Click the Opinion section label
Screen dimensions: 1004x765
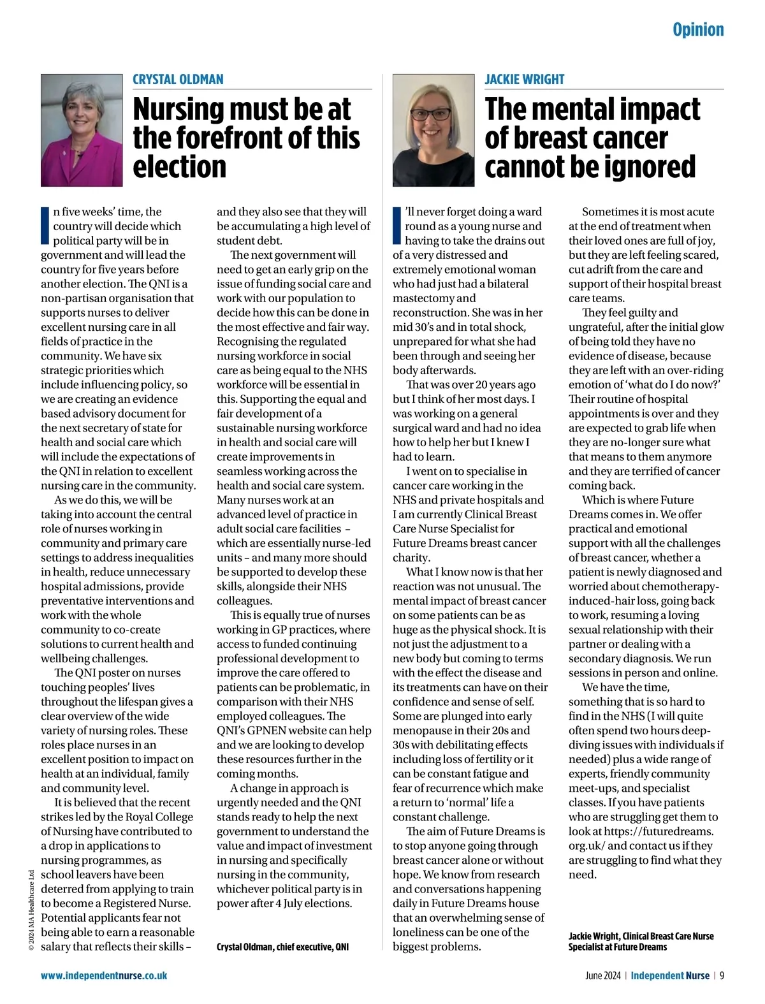coord(698,30)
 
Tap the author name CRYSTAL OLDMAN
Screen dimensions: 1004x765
coord(178,80)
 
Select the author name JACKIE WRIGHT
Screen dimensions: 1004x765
coord(524,80)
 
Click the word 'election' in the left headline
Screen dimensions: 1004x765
coord(179,167)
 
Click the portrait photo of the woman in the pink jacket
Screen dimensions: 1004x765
coord(82,130)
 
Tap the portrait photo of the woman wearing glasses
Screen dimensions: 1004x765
coord(433,130)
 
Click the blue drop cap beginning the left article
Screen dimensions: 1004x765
coord(45,226)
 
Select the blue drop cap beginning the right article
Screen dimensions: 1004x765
coord(397,226)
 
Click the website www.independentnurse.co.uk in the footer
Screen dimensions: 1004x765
coord(104,975)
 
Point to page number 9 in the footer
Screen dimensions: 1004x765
coord(722,975)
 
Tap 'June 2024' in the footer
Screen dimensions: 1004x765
coord(602,975)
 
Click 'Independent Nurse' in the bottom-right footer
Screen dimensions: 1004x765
coord(669,975)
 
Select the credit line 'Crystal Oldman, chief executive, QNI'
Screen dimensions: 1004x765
coord(282,947)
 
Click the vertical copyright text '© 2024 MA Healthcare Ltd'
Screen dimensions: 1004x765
coord(31,910)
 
